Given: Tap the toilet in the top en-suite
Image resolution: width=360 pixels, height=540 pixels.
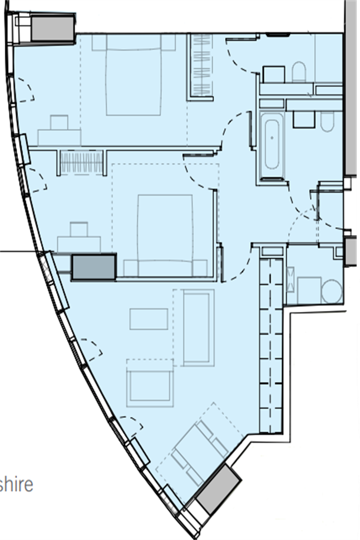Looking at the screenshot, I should (x=299, y=72).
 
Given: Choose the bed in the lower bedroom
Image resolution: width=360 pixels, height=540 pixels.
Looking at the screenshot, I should (x=165, y=234).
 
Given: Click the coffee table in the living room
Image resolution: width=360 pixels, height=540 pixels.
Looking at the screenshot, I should (x=149, y=319).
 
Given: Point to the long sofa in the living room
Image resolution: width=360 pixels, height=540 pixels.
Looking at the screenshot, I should (x=197, y=328).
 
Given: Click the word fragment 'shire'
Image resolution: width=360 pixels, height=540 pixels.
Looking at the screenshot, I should (x=17, y=484).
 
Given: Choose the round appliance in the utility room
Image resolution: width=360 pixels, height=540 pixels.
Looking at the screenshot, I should (x=332, y=291).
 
